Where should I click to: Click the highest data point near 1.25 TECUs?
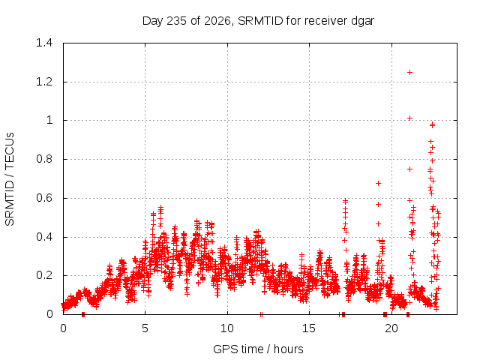(409, 72)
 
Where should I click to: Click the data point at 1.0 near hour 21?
(409, 118)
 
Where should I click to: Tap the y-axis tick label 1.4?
(44, 43)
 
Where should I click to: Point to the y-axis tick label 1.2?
(44, 82)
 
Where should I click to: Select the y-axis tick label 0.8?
(44, 159)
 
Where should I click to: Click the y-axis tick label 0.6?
(44, 198)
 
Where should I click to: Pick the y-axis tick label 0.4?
(44, 237)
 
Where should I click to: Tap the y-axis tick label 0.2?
(44, 275)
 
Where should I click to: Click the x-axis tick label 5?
(145, 328)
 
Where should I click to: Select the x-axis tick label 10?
(227, 328)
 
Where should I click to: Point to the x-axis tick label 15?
(309, 328)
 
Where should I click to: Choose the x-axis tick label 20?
(391, 328)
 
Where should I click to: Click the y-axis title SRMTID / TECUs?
(10, 179)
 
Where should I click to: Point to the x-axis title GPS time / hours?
(258, 349)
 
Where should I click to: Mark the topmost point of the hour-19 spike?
(378, 183)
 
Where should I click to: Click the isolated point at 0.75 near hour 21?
(409, 169)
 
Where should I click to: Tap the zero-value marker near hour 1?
(83, 314)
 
